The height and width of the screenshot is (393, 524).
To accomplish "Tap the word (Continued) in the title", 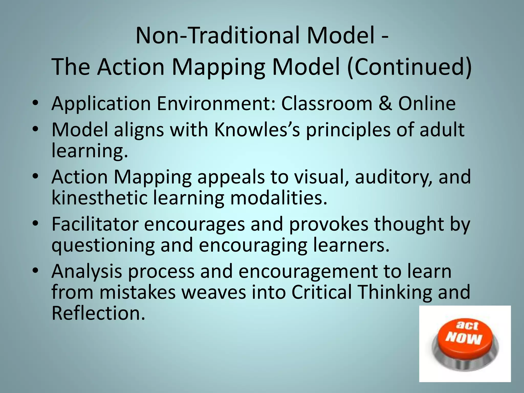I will [x=409, y=67].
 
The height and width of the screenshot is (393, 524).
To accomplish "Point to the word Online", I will [x=427, y=104].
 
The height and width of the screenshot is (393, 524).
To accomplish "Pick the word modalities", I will [x=279, y=198].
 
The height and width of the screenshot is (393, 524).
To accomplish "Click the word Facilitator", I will [x=95, y=224].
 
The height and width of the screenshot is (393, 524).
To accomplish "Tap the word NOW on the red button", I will [x=463, y=339].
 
